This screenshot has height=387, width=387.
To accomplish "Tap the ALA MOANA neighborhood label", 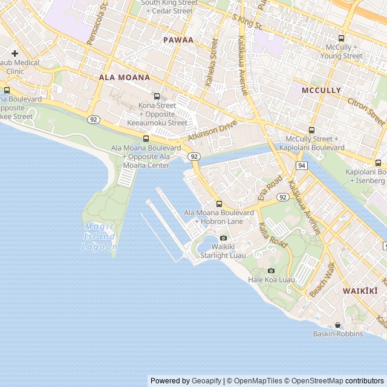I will [125, 77].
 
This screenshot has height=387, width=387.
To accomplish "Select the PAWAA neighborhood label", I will [178, 40].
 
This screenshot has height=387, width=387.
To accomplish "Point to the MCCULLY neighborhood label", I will [321, 90].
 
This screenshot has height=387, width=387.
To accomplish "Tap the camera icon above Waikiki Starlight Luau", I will [223, 238].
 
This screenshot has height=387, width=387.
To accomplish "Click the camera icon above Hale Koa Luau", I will [271, 270].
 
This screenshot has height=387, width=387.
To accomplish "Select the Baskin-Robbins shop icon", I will [337, 325].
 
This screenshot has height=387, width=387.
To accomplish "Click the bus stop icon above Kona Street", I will [157, 96].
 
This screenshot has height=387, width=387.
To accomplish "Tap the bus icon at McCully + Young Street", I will [342, 38].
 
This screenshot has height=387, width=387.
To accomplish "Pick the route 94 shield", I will [302, 165].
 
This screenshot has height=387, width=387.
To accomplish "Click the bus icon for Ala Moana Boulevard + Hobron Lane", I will [219, 204].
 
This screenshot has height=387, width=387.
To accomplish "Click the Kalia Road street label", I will [273, 235].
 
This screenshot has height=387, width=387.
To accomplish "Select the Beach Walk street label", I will [322, 279].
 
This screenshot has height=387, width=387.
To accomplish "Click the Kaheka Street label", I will [212, 62].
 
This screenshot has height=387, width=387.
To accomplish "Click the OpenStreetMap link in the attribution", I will [314, 381].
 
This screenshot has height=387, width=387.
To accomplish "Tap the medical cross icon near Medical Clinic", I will [15, 53].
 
